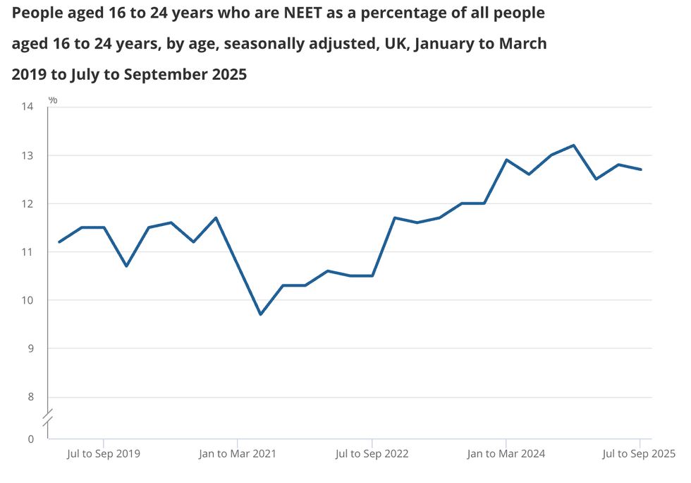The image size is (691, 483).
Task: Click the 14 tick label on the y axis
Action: (27, 107)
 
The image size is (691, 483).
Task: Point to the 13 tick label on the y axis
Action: (27, 155)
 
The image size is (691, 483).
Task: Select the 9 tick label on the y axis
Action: (30, 348)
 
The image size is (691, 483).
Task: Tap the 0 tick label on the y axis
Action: (30, 439)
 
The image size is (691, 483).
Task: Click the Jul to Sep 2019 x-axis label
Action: (104, 454)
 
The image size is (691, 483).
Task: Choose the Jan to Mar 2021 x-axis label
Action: (238, 454)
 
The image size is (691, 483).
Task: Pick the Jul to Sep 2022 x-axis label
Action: (372, 454)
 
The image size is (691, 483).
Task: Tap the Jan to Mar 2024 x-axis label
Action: (506, 454)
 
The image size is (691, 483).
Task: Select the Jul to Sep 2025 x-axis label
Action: (638, 454)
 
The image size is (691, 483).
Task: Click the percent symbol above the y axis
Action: (53, 100)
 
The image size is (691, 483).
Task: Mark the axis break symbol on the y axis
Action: (48, 417)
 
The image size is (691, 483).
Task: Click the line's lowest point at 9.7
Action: (260, 314)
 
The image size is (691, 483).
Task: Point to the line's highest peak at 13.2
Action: (573, 145)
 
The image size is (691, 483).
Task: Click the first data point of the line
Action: (59, 242)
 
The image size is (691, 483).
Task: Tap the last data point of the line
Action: (640, 169)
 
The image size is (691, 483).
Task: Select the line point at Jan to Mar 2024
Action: (506, 160)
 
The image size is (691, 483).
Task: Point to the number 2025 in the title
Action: (223, 74)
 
